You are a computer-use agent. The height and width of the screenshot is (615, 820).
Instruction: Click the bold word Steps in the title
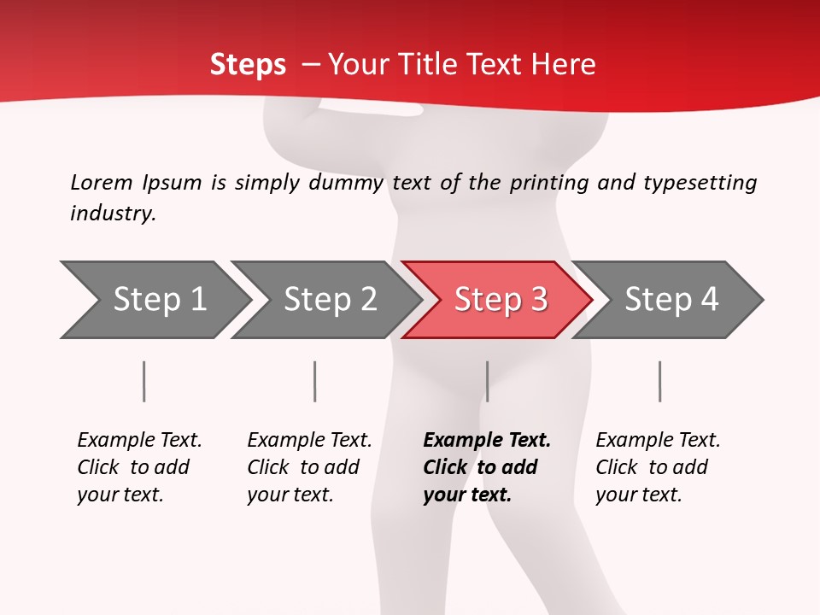[x=248, y=65]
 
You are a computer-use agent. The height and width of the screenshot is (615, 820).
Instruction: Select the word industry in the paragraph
[x=112, y=214]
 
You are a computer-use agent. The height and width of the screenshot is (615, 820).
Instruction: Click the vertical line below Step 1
[x=144, y=381]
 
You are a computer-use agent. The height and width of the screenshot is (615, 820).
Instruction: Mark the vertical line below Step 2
[x=315, y=381]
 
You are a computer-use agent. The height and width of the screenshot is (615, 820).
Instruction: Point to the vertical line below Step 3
[x=487, y=381]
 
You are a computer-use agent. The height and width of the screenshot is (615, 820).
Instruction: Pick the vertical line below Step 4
[x=659, y=381]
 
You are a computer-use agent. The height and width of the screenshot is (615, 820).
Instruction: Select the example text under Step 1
[x=139, y=467]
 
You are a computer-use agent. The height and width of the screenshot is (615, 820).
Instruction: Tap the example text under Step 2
[x=309, y=467]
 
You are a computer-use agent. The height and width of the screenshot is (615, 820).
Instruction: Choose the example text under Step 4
[x=658, y=467]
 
